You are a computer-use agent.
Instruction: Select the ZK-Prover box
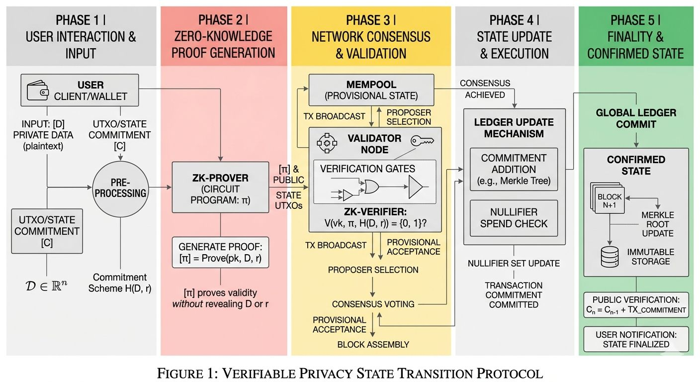(221, 187)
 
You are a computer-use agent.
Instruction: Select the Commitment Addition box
(514, 169)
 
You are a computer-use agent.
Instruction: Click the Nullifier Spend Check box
(514, 217)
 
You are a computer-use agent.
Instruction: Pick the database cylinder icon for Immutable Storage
(610, 256)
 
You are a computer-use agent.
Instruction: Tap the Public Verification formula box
(635, 305)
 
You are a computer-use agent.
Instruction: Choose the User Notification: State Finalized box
(635, 339)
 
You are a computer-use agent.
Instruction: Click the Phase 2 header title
(223, 36)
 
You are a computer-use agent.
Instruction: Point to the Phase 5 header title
(635, 36)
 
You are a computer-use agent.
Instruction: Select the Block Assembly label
(373, 344)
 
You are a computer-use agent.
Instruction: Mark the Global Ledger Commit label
(636, 118)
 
